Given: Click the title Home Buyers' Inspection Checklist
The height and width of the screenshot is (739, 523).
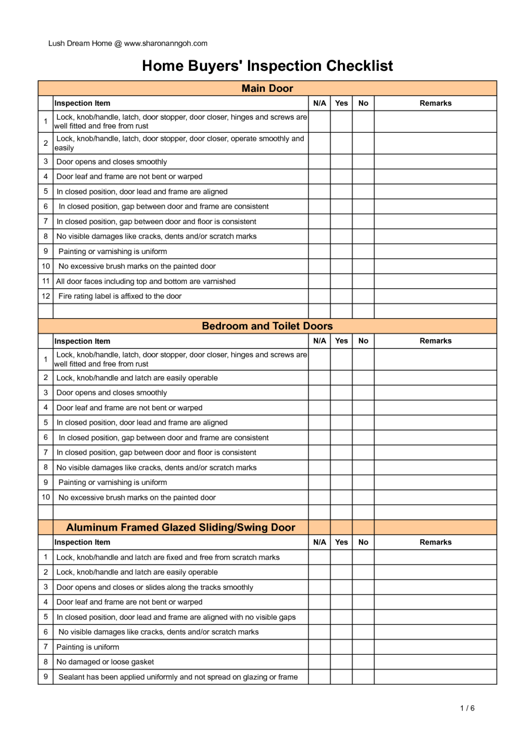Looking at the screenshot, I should pos(267,66).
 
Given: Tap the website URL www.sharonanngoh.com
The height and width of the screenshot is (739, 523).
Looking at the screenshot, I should pos(166,43).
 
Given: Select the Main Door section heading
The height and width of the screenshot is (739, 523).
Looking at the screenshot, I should pos(267,89).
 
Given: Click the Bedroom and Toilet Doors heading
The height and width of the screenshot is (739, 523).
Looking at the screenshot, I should pos(267,326).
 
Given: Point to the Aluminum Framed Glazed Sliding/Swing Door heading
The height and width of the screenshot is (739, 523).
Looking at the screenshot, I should pos(181,528).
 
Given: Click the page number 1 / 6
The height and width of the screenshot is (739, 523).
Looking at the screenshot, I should pos(467,708).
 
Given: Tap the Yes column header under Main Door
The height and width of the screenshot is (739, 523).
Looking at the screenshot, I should pos(341,103).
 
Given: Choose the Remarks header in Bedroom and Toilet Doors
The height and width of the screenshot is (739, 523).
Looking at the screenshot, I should pos(435,341).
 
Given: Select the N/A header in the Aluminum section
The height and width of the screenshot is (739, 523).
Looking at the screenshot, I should pos(319,542).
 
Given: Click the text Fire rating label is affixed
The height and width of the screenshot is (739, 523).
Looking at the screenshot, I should pos(120,296).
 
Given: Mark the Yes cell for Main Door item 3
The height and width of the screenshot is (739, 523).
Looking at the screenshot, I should pos(341,162).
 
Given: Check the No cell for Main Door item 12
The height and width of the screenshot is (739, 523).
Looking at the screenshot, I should pos(363,296).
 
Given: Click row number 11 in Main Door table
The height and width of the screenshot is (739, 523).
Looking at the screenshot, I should pos(46,281).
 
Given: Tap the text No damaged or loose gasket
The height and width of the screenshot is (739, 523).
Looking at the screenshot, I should pos(105,662).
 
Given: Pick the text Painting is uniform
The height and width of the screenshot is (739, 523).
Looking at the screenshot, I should pos(88,647).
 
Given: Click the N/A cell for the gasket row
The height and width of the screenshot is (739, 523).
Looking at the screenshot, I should pos(319,662).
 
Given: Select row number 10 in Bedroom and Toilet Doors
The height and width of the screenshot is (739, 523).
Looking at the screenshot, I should pos(46,497).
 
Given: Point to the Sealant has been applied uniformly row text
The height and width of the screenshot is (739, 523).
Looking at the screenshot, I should pos(178,677).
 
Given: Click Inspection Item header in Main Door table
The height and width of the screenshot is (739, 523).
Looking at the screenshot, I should pos(82,103).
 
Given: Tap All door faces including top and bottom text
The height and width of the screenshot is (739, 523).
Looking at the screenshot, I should pos(146,281).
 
